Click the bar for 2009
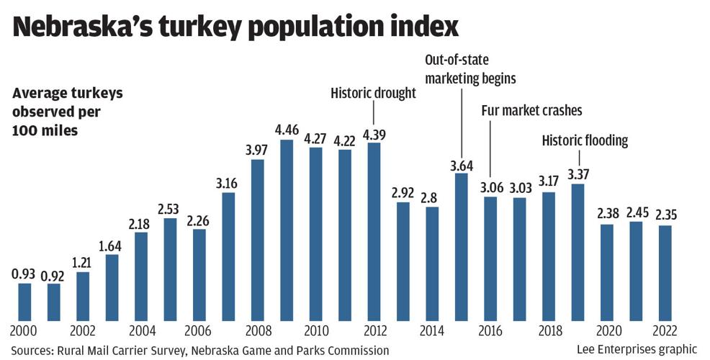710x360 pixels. (287, 230)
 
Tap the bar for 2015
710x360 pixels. (462, 246)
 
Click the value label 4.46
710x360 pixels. (287, 130)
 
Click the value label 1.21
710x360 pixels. (83, 262)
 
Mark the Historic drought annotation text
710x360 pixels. (373, 93)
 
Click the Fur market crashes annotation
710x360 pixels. (531, 110)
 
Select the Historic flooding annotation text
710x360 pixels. (585, 140)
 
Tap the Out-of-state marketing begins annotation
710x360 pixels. (471, 68)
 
